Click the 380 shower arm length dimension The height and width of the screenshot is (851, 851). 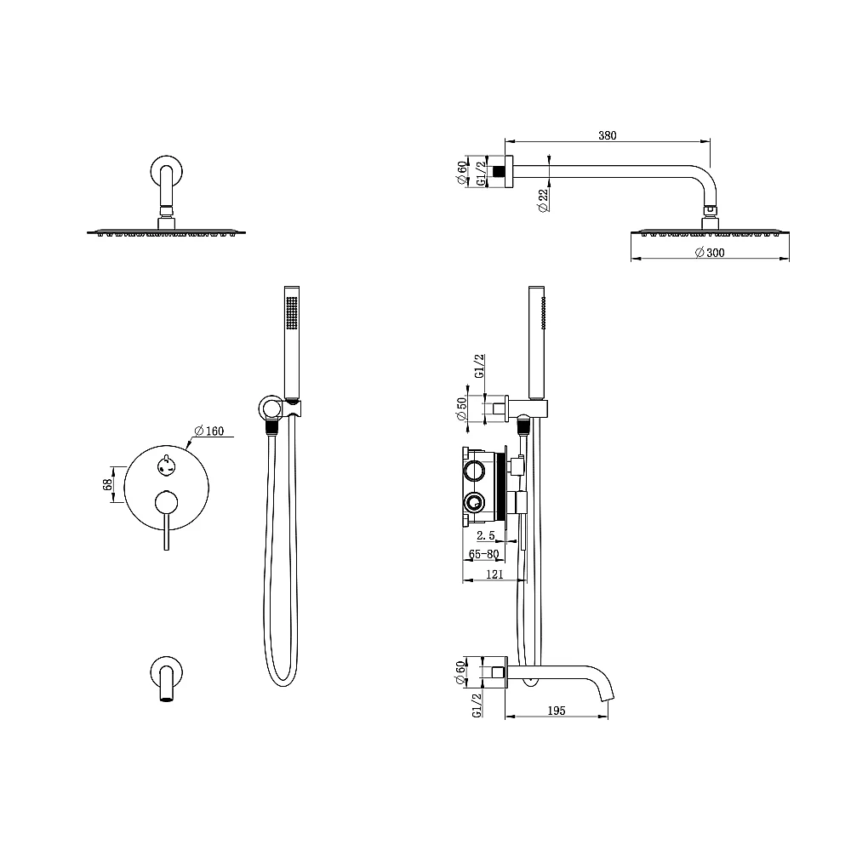(x=608, y=135)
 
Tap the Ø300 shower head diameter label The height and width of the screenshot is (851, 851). (x=710, y=253)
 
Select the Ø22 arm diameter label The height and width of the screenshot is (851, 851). (x=543, y=200)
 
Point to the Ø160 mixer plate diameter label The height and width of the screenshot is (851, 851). (x=209, y=431)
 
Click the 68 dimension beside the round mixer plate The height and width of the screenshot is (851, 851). (x=107, y=484)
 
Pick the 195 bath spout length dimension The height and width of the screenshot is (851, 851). (x=557, y=711)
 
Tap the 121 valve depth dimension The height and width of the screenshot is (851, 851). (x=494, y=574)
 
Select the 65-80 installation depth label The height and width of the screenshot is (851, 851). (x=483, y=554)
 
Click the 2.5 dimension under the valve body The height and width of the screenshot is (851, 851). (x=486, y=535)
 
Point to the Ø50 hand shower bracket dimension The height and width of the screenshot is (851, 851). (x=462, y=408)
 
